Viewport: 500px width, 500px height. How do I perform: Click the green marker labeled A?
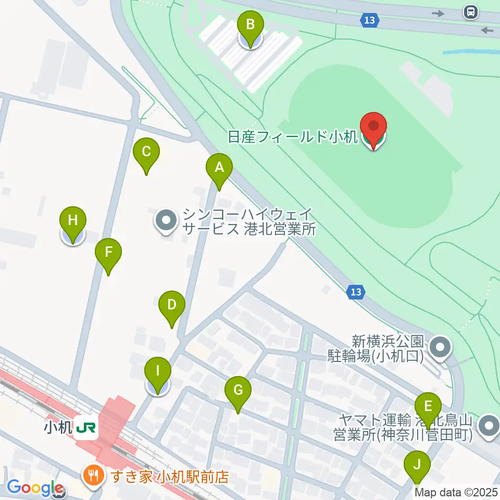point(219,169)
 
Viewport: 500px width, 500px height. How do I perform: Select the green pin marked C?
point(146,153)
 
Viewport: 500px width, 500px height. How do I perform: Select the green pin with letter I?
point(157,373)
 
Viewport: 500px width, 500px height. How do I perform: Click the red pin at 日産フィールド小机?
point(374,128)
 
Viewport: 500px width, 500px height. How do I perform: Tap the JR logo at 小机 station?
point(85,428)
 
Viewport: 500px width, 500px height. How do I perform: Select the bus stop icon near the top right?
point(470,11)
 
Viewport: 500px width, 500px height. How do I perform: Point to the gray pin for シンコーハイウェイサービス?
point(166,221)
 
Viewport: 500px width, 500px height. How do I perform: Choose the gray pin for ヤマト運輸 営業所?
point(489,426)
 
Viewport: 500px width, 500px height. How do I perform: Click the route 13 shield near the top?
point(369,20)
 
